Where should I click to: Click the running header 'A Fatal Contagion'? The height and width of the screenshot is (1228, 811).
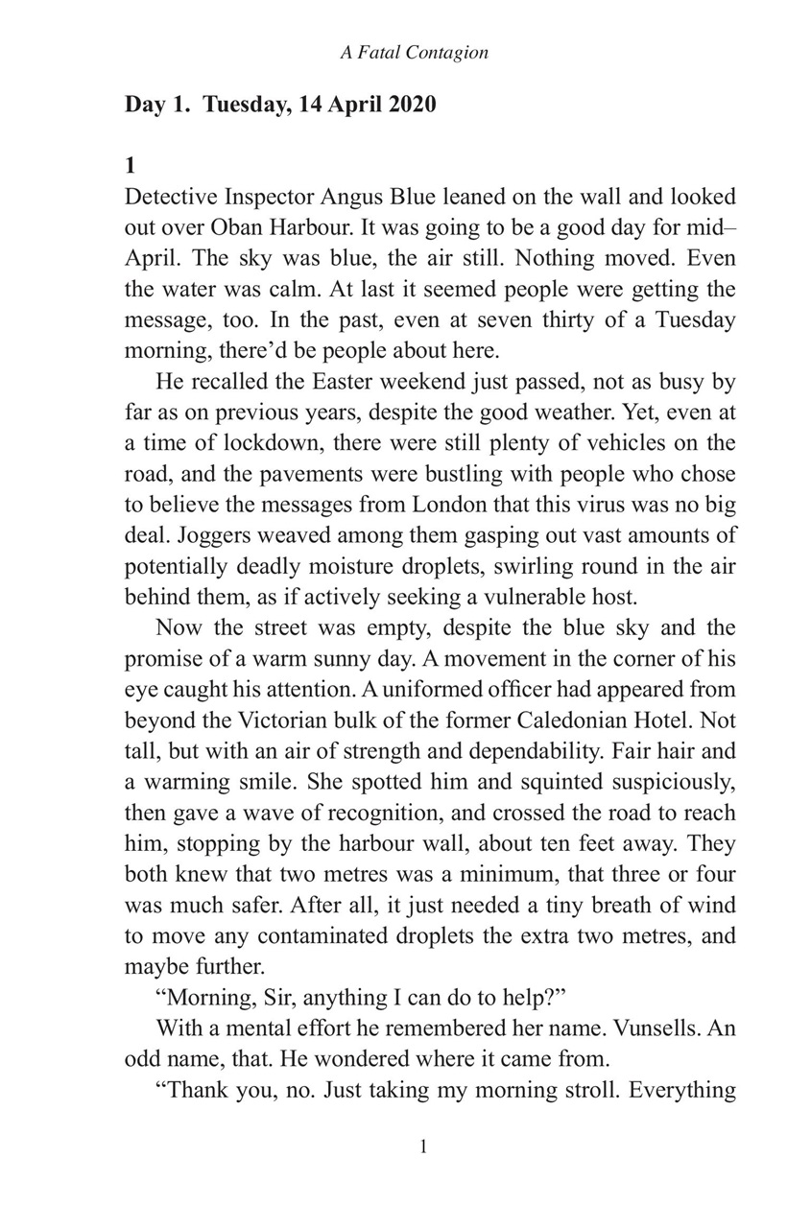[x=414, y=53]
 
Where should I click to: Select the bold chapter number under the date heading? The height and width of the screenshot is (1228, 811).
[x=131, y=165]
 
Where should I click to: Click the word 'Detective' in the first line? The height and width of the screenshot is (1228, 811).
[x=170, y=197]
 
